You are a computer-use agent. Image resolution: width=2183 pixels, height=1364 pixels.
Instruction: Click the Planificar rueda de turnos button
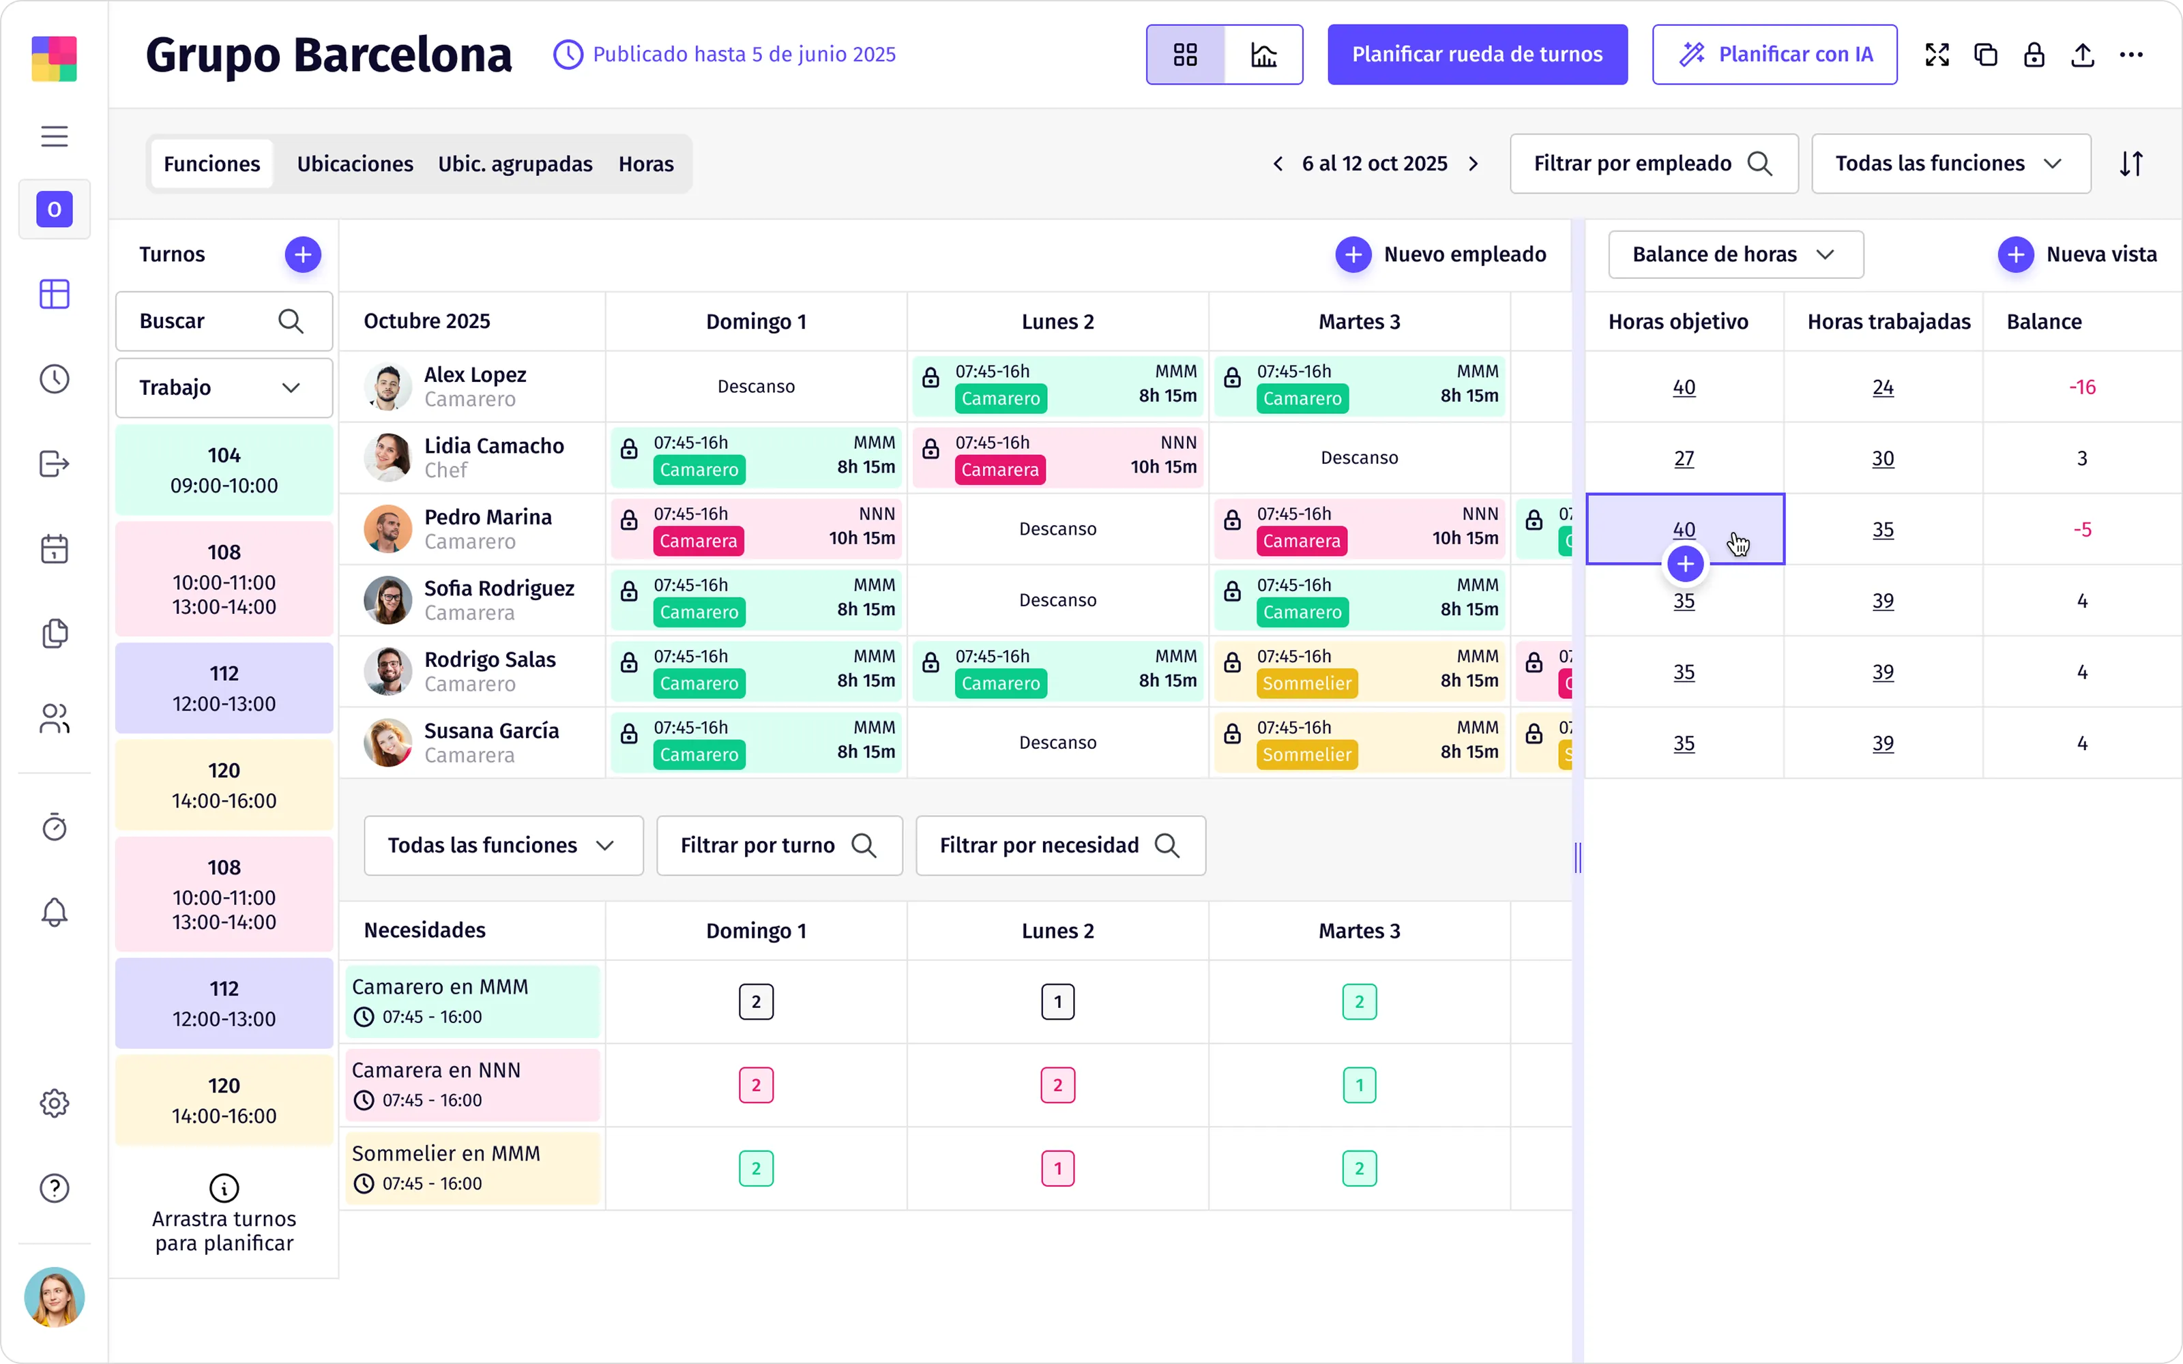pyautogui.click(x=1477, y=54)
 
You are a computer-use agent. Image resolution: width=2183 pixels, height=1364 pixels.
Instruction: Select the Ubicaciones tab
pyautogui.click(x=355, y=163)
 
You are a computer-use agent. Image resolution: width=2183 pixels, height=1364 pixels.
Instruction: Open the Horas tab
pyautogui.click(x=646, y=163)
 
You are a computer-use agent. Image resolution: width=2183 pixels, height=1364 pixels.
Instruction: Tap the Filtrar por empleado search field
pyautogui.click(x=1654, y=163)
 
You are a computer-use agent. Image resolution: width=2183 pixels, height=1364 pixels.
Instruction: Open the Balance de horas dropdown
pyautogui.click(x=1735, y=254)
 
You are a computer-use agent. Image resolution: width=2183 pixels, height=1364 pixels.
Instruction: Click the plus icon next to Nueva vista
pyautogui.click(x=2015, y=254)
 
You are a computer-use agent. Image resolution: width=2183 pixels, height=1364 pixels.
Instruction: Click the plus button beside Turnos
pyautogui.click(x=303, y=254)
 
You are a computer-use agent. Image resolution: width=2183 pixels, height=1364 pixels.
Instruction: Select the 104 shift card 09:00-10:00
pyautogui.click(x=224, y=470)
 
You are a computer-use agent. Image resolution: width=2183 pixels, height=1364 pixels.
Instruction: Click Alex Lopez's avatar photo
pyautogui.click(x=388, y=387)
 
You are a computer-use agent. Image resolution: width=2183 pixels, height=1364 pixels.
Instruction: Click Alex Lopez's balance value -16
pyautogui.click(x=2082, y=387)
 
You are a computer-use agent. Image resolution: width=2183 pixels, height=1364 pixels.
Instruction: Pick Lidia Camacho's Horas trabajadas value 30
pyautogui.click(x=1883, y=458)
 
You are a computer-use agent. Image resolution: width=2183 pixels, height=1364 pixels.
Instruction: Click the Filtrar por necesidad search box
pyautogui.click(x=1060, y=845)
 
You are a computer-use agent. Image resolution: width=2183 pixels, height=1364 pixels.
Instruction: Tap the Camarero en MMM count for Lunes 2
pyautogui.click(x=1057, y=1001)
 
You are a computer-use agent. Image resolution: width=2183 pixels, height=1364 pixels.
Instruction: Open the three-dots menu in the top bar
pyautogui.click(x=2130, y=54)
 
